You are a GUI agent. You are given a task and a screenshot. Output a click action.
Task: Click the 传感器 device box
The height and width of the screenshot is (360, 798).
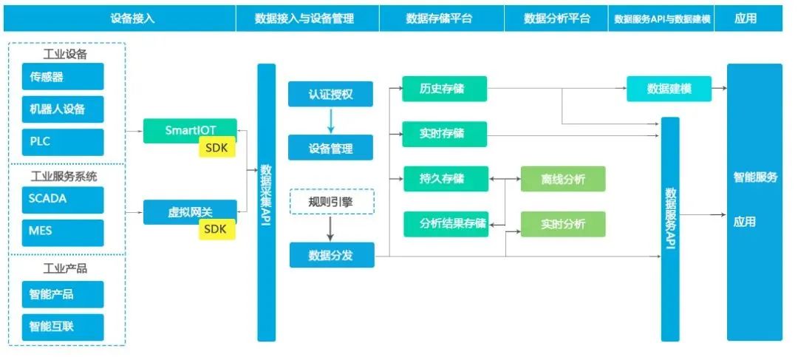click(63, 77)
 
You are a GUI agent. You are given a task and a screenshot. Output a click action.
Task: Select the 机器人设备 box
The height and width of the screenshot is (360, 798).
click(63, 109)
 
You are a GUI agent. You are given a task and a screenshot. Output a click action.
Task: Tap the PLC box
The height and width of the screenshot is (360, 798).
click(63, 142)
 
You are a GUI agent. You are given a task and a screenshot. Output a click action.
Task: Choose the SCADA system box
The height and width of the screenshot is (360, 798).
click(63, 200)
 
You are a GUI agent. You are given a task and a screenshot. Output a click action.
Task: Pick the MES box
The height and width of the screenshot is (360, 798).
click(63, 231)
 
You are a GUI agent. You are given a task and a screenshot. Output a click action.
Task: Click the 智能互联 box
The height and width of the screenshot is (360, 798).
click(63, 327)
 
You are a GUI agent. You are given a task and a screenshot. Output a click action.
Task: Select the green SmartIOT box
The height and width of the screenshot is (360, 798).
click(190, 130)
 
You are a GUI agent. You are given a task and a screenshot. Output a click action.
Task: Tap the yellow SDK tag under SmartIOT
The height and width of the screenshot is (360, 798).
click(216, 148)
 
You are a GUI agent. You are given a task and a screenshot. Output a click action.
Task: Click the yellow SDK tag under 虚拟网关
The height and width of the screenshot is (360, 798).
click(216, 229)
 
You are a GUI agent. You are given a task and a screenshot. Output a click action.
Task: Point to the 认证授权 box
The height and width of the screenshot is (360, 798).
click(330, 95)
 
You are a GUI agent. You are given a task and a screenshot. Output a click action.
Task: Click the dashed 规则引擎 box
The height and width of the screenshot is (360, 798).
click(330, 201)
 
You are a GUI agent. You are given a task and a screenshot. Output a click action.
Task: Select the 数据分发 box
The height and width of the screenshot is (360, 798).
click(330, 255)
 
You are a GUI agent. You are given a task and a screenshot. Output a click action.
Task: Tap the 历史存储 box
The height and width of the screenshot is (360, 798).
click(444, 89)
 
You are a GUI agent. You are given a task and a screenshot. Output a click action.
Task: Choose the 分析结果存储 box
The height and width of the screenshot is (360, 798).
click(444, 224)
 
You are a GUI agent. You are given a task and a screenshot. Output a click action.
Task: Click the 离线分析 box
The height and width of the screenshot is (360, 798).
click(562, 179)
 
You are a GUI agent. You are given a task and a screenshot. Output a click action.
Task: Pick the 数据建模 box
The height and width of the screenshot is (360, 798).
click(669, 89)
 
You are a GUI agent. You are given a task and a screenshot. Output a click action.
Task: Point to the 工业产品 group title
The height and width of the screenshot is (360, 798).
click(66, 268)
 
